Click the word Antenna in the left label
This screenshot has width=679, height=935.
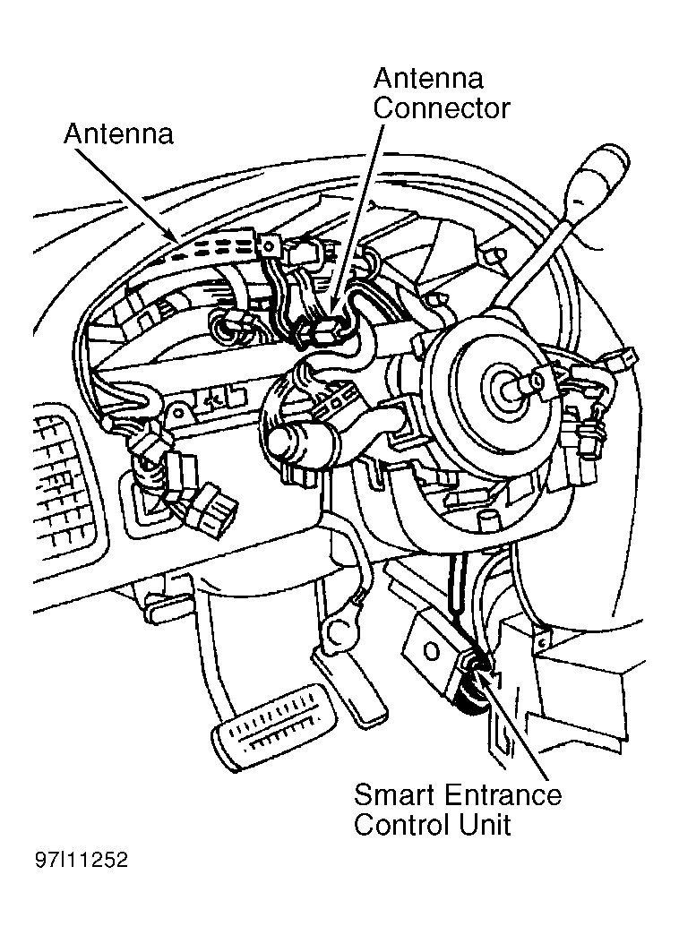119,133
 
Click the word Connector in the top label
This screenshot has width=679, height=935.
442,108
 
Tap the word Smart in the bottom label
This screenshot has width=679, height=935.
393,795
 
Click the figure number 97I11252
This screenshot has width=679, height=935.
82,859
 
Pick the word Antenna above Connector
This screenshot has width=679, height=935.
427,79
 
